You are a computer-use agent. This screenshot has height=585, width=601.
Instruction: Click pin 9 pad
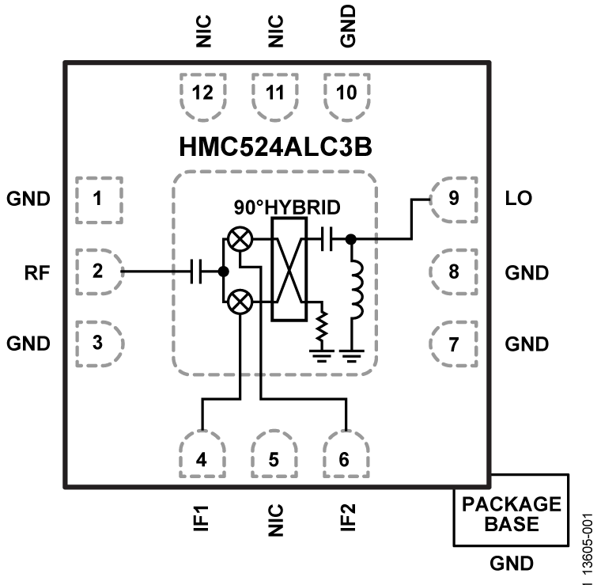[x=453, y=199]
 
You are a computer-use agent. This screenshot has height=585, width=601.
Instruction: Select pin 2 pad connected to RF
[x=98, y=272]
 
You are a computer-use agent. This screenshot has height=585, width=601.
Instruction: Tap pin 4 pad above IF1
[x=203, y=457]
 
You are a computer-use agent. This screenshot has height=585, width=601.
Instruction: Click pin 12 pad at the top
[x=203, y=93]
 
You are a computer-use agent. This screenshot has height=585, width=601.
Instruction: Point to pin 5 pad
[x=274, y=457]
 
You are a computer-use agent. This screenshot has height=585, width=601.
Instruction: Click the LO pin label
[x=519, y=199]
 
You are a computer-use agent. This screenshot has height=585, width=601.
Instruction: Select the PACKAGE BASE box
[x=511, y=511]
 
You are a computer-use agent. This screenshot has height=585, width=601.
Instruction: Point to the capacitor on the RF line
[x=198, y=272]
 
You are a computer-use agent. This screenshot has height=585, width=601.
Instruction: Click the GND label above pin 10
[x=346, y=25]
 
